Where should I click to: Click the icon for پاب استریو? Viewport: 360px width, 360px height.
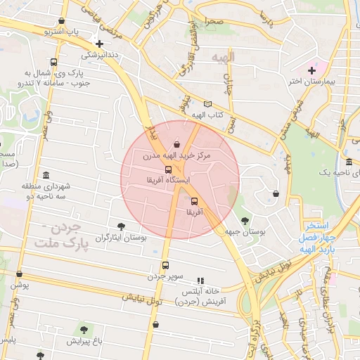click(x=63, y=21)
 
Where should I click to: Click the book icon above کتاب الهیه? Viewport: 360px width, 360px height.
click(x=207, y=104)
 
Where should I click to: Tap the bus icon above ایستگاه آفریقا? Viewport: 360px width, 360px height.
click(x=168, y=169)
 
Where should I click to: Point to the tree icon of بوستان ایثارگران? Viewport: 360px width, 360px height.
click(x=122, y=226)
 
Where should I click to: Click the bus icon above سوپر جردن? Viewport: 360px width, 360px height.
click(x=165, y=265)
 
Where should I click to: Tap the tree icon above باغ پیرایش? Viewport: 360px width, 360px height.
click(x=84, y=329)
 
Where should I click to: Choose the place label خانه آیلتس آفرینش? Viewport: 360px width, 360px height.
click(x=201, y=296)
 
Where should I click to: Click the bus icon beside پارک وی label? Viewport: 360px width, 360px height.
click(x=55, y=62)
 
